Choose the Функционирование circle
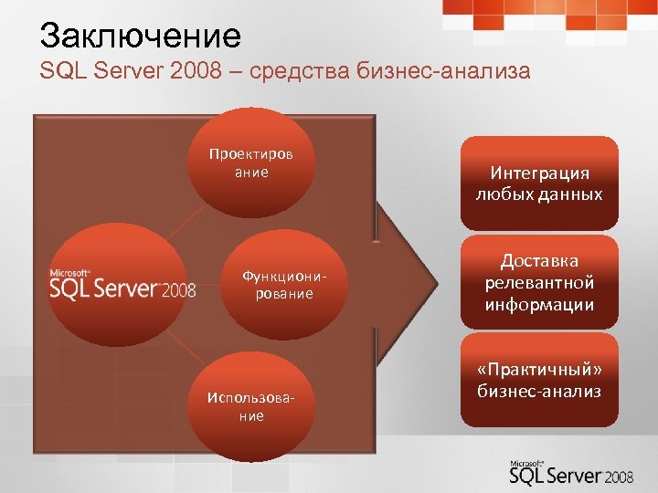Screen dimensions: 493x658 point(277,284)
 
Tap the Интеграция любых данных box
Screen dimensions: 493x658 point(539,183)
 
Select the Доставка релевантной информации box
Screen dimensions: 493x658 point(539,283)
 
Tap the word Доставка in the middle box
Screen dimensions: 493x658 point(539,261)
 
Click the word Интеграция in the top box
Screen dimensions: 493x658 point(539,173)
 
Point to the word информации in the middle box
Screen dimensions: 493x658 point(539,304)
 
